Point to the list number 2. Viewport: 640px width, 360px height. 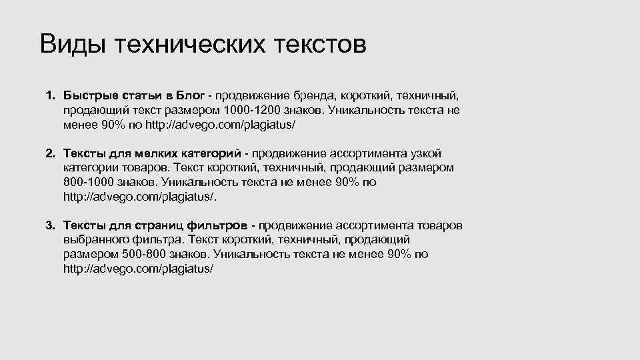pos(49,154)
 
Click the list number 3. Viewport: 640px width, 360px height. pos(49,226)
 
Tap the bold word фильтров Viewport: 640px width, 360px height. pos(223,226)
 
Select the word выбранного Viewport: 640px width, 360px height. pos(92,239)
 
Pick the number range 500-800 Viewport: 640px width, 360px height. pos(145,254)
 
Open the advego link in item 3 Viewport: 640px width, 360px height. pos(139,269)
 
